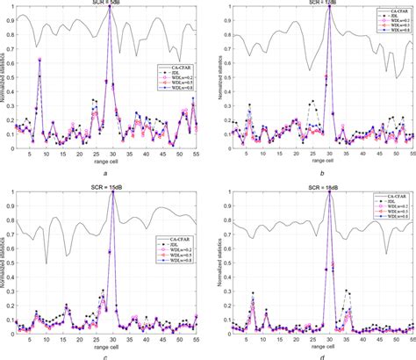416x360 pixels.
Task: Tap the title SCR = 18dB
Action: click(314, 185)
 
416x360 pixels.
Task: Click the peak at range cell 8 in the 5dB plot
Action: click(39, 59)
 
